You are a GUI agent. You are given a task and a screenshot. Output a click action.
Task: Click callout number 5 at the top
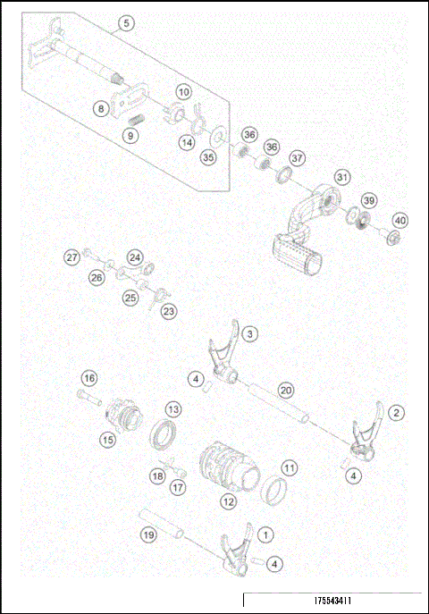126,23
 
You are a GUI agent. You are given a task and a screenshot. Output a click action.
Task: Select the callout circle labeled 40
400,221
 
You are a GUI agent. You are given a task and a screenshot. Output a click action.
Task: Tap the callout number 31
341,177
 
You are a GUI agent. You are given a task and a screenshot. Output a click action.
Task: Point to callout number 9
130,136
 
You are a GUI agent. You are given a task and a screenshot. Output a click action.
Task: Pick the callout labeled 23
168,311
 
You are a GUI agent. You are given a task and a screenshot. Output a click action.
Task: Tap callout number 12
229,502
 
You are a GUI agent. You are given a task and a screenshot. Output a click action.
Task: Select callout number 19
150,534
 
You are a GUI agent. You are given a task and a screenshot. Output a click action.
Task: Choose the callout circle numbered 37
297,157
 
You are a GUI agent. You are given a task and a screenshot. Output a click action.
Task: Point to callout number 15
107,439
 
